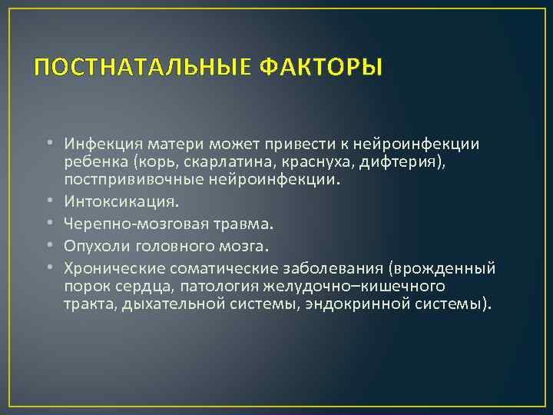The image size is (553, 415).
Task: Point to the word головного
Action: click(173, 246)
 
